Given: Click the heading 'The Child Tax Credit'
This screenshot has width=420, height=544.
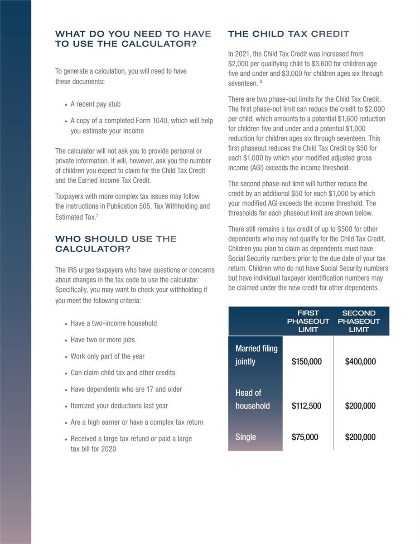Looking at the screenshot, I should pos(289,34).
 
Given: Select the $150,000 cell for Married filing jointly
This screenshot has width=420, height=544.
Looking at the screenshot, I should pos(307,362).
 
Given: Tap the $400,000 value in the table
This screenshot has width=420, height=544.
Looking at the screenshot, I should pos(360,362).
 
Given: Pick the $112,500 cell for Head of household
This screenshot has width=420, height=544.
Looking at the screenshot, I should pos(306,406).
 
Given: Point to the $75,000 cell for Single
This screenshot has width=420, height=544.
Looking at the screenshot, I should pos(305,437).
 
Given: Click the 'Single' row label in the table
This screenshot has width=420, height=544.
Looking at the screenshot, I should pos(246,437).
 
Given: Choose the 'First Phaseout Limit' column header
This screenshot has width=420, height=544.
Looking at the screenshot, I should pos(308,321).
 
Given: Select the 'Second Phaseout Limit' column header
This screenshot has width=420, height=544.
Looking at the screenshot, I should pos(359,321).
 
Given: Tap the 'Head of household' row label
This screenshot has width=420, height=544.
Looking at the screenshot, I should pos(252,399).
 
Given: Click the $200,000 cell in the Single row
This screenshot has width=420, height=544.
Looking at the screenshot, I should pos(360,437).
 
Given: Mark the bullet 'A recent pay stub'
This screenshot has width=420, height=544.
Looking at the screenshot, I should pos(96,104).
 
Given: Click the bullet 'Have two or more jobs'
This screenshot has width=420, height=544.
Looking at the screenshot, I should pos(103,340).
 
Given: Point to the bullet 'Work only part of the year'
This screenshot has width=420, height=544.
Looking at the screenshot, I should pos(108,356).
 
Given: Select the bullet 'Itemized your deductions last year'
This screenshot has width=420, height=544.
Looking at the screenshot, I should pos(119,406).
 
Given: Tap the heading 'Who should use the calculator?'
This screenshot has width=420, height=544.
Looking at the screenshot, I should pos(116,244).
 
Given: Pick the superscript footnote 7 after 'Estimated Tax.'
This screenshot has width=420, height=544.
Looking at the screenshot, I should pos(97,215).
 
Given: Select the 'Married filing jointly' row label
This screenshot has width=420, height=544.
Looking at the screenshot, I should pos(256,355).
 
